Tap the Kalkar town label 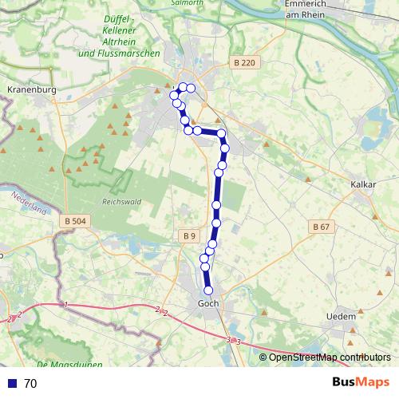tap(363, 184)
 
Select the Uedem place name tap(341, 317)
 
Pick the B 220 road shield tap(244, 61)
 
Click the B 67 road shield tap(321, 227)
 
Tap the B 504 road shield tap(77, 220)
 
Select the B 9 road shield tap(188, 236)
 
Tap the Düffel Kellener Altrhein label tap(120, 36)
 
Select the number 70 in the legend tap(30, 383)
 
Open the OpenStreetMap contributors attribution tap(330, 357)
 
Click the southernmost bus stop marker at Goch tap(209, 290)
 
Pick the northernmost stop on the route tap(183, 87)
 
